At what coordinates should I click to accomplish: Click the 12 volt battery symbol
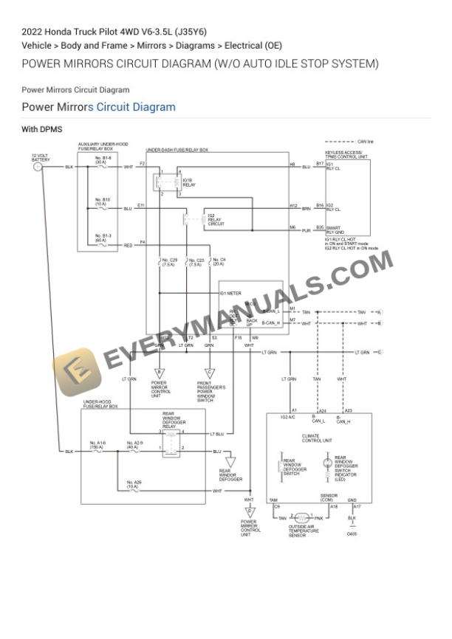(38, 167)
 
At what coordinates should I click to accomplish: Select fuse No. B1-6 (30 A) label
(103, 160)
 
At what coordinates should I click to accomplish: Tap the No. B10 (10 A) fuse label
(103, 201)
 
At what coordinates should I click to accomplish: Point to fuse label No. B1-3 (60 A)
(103, 238)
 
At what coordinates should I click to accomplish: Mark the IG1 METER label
(231, 293)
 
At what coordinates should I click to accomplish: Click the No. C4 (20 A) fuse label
(219, 262)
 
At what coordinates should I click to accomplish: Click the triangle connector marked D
(250, 511)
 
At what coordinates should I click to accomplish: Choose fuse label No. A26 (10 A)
(132, 485)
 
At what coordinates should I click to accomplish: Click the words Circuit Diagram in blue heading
(136, 107)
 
